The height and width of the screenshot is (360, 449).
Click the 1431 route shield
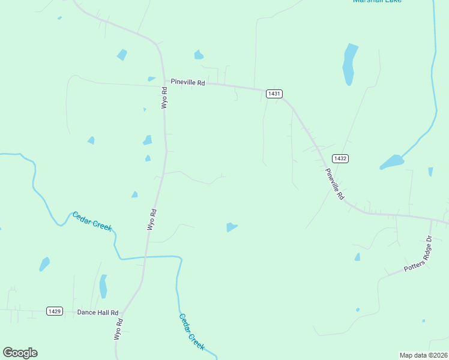(x=274, y=94)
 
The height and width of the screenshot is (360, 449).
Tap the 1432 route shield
(x=340, y=158)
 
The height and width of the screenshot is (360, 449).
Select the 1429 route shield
(x=55, y=311)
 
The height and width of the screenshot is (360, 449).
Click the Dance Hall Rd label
(x=98, y=313)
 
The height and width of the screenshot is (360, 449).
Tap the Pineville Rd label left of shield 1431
(x=188, y=82)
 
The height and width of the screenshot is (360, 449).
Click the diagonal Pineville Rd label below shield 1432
(x=335, y=184)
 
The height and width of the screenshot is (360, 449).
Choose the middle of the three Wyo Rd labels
(x=152, y=220)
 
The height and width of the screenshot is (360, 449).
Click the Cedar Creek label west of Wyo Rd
(x=92, y=221)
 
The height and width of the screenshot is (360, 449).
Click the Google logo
(x=20, y=353)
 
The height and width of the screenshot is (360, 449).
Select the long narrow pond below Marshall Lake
(x=349, y=64)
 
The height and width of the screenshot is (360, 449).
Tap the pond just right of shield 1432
(x=392, y=161)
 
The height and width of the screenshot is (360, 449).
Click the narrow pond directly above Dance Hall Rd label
(x=103, y=286)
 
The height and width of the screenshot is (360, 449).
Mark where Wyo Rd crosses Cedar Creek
(x=145, y=257)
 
